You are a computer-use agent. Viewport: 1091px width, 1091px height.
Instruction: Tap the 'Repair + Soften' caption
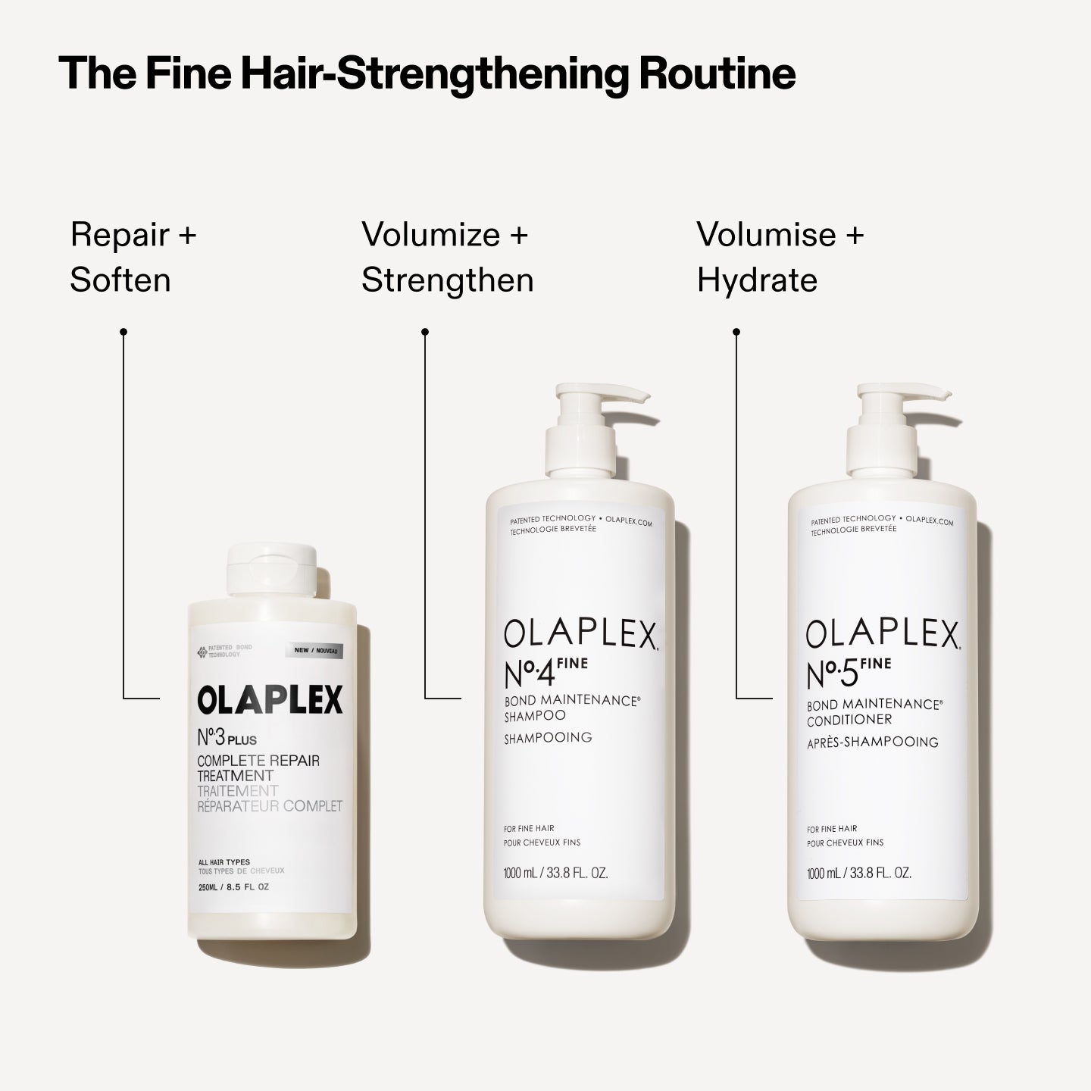click(x=133, y=258)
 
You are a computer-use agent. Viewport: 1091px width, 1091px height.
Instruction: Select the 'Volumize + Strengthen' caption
click(x=447, y=258)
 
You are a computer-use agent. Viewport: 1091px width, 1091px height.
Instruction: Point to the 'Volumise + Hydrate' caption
click(x=780, y=258)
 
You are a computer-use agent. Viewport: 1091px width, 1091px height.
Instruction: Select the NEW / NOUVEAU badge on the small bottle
click(x=314, y=651)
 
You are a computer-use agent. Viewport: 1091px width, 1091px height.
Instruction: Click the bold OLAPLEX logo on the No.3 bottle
click(x=270, y=700)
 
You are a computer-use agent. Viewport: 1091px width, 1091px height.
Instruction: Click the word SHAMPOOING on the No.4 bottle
click(x=548, y=737)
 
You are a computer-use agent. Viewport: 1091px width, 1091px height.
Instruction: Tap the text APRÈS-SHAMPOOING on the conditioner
click(x=873, y=742)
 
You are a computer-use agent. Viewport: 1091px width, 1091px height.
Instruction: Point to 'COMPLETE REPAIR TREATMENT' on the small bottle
click(x=258, y=768)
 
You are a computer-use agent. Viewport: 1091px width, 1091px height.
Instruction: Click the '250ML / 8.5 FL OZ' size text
click(x=233, y=886)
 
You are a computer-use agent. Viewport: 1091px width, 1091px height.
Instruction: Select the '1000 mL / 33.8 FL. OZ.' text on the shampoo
click(x=556, y=873)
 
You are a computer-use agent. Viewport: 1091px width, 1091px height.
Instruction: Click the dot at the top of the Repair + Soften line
click(x=123, y=332)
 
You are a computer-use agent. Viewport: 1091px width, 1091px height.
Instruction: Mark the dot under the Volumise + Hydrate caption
click(x=736, y=332)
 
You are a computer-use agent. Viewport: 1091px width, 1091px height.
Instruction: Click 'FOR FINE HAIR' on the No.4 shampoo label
click(x=529, y=828)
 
